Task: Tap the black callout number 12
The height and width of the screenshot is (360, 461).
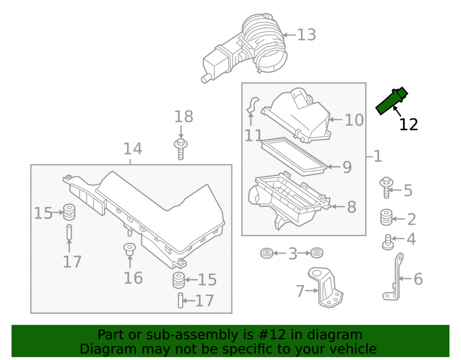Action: coord(408,124)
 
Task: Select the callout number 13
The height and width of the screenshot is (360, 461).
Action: coord(307,35)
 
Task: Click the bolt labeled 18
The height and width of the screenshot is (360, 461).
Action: coord(181,149)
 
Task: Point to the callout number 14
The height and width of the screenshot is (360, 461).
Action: coord(133,149)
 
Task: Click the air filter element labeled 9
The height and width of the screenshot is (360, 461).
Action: coord(294,156)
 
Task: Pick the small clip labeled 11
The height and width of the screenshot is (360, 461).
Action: coord(253,105)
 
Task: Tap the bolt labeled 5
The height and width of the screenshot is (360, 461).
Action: coord(386,188)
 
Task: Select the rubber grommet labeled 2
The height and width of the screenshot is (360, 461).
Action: coord(386,217)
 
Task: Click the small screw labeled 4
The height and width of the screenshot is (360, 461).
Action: coord(388,242)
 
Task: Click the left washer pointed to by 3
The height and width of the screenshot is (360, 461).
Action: coord(266,253)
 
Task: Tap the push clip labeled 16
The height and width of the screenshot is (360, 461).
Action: coord(130,249)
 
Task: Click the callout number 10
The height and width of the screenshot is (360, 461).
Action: coord(354,120)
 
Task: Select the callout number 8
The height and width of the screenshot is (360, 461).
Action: coord(352,207)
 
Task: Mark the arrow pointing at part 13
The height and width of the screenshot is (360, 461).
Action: coord(290,35)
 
